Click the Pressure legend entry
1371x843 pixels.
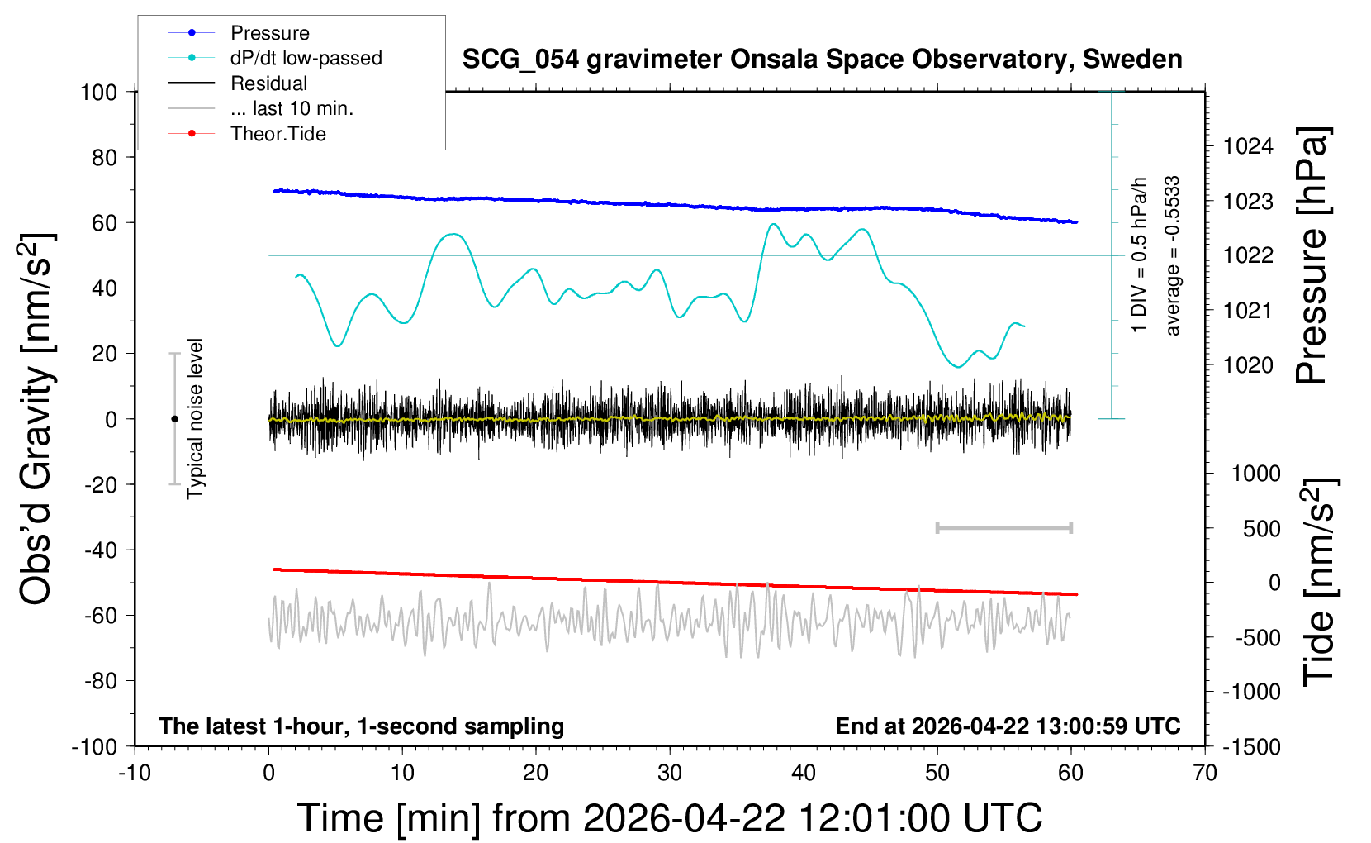[x=269, y=33]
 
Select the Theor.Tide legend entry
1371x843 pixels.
[x=278, y=134]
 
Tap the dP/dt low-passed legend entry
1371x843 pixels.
[x=306, y=58]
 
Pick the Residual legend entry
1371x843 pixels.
[x=268, y=83]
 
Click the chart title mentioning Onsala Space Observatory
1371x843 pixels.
[x=822, y=60]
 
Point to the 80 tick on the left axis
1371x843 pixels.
[x=104, y=157]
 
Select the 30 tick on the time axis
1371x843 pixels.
[x=670, y=774]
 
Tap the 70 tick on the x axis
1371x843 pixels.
[x=1205, y=774]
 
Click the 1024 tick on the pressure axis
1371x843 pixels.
[x=1248, y=147]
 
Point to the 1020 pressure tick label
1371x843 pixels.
[x=1248, y=365]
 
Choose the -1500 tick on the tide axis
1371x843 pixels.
[x=1251, y=747]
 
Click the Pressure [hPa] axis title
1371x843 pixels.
[x=1312, y=256]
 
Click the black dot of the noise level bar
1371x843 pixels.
[x=174, y=419]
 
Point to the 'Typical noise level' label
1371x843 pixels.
[x=195, y=418]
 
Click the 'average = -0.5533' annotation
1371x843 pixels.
[x=1173, y=256]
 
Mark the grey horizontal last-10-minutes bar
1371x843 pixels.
[x=1003, y=527]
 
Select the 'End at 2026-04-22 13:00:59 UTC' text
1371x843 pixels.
[x=1008, y=726]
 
